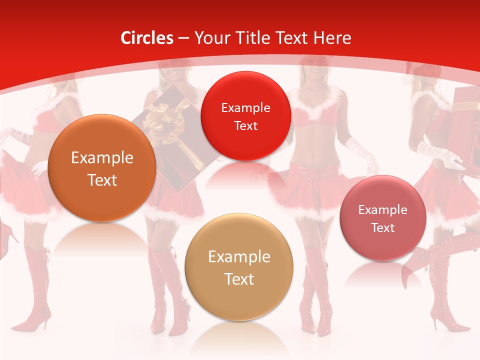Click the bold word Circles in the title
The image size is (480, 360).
(146, 38)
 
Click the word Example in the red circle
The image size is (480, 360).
(245, 107)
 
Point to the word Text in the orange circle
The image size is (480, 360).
(102, 180)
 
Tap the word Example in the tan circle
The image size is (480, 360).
(239, 257)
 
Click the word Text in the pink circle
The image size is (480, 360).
(383, 228)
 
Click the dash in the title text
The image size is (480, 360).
(183, 38)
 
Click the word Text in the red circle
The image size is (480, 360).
(245, 126)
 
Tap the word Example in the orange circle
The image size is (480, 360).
(102, 158)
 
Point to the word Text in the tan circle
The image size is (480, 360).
(239, 279)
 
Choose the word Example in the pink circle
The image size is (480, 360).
(383, 210)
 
